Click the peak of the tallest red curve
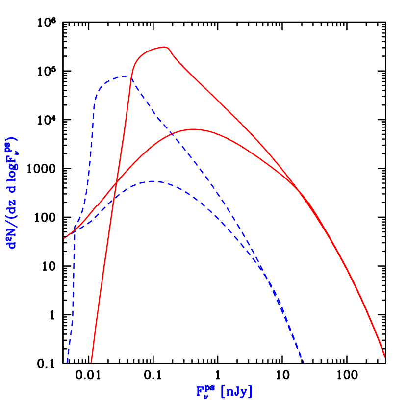[x=165, y=47]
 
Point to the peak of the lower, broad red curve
[x=195, y=129]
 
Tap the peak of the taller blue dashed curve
[x=127, y=76]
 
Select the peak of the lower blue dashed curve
[x=153, y=181]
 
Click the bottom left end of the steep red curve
[x=91, y=362]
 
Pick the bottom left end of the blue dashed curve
[x=67, y=362]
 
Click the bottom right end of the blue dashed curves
[x=304, y=362]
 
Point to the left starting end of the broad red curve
[x=65, y=238]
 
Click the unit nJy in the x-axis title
[x=237, y=392]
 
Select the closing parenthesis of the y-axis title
[x=12, y=139]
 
